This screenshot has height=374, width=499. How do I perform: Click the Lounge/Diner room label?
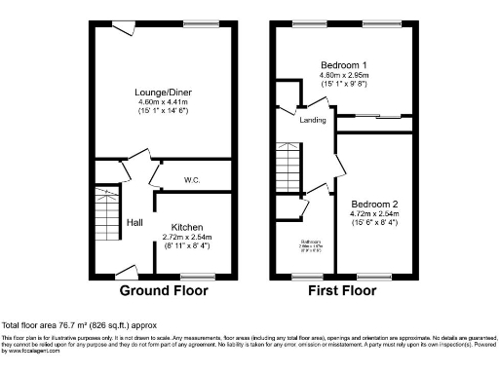(x=162, y=93)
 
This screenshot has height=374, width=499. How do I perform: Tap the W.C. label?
(x=192, y=180)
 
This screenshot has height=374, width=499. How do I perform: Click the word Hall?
(x=134, y=222)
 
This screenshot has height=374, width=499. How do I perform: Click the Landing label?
(x=312, y=120)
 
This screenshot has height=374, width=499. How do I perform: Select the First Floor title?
(x=342, y=290)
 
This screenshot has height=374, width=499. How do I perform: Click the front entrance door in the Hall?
(x=125, y=272)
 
